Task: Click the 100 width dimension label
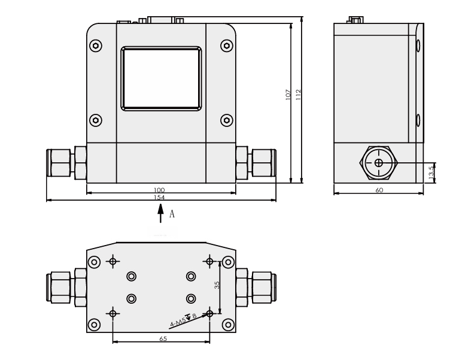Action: pos(160,190)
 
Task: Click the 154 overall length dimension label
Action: pos(160,197)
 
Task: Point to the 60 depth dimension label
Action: pos(378,190)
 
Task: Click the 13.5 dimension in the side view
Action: pos(432,171)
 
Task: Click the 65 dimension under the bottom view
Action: pos(163,339)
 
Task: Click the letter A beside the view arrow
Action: pos(172,213)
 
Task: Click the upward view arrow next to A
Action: pos(160,213)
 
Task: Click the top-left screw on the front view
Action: pos(96,46)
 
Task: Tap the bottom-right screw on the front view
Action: pos(226,120)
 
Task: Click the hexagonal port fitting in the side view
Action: pos(378,162)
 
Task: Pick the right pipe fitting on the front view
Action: pos(256,162)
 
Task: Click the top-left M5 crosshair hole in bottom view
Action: pos(113,261)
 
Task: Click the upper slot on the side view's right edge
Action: pos(418,46)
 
